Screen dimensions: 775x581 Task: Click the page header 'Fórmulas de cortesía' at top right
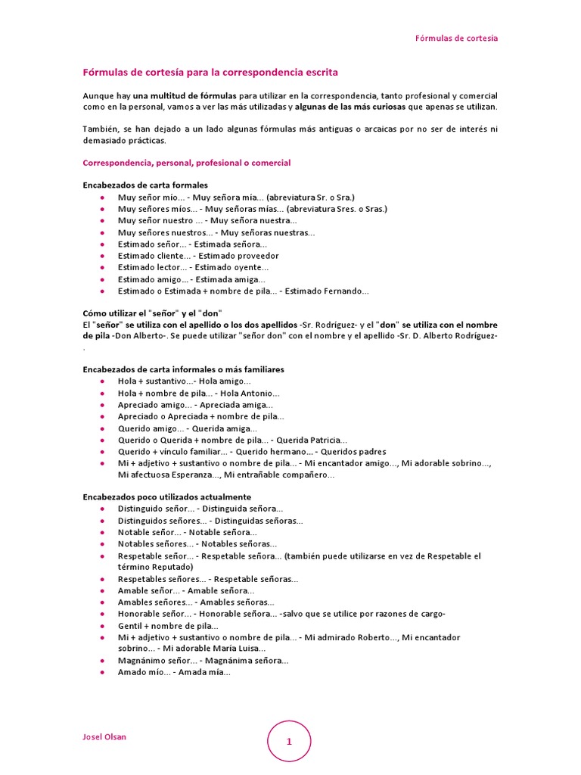(x=456, y=39)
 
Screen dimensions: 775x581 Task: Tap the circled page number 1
(x=289, y=742)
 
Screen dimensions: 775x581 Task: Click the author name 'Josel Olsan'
(x=104, y=736)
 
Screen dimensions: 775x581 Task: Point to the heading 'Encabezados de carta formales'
(x=145, y=185)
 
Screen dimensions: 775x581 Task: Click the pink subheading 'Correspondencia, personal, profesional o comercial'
(x=186, y=163)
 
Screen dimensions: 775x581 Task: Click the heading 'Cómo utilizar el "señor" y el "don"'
(x=152, y=313)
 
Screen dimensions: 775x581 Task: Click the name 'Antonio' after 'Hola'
(x=259, y=394)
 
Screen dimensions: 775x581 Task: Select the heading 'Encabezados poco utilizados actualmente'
(x=166, y=497)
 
